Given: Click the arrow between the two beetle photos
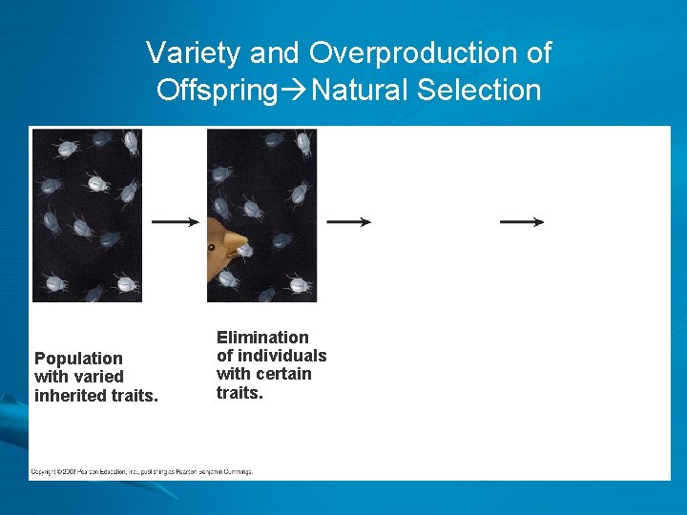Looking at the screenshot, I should (x=175, y=221).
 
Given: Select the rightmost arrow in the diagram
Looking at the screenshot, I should (x=522, y=221).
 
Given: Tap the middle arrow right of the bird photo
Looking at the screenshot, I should (x=348, y=221).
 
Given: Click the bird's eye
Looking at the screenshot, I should (x=212, y=247).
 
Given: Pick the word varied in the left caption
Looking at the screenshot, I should (x=97, y=377).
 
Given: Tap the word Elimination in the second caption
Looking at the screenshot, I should (x=262, y=338).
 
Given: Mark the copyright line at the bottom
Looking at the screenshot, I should (x=141, y=471).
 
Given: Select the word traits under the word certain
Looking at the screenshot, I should (x=239, y=392).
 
